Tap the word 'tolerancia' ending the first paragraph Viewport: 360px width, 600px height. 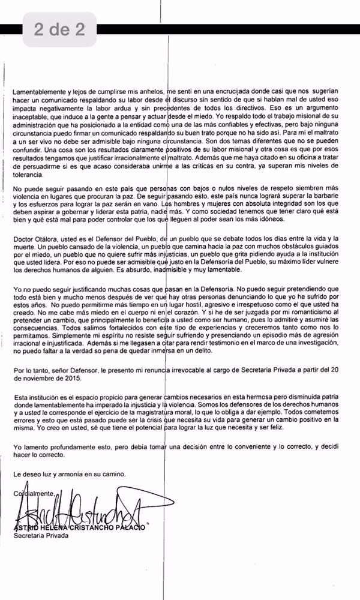pos(29,175)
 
